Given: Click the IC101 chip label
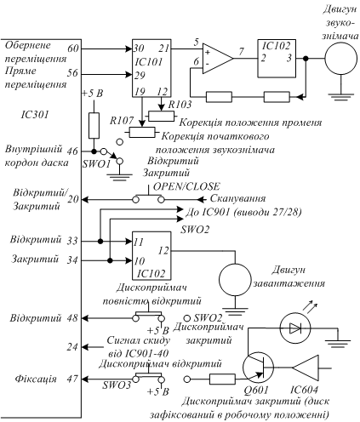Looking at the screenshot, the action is pos(149,62).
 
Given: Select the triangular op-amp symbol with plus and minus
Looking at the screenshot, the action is pos(218,59).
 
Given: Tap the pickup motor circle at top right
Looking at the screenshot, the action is pos(341,59).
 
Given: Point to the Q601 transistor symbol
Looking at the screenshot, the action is pos(259,368).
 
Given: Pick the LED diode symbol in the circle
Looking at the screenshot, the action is pos(295,328).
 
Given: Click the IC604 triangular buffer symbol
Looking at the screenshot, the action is pos(306,368).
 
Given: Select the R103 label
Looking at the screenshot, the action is pos(180,105).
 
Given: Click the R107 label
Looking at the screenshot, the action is pos(122,121).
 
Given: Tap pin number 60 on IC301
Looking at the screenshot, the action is pos(72,48).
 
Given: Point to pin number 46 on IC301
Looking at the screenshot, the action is pos(72,151).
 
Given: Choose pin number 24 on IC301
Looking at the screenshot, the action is pos(72,347).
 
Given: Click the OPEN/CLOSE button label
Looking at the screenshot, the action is pos(186,186).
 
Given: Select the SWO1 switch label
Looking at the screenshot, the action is pos(96,164).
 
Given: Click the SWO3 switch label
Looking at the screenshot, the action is pos(117,385).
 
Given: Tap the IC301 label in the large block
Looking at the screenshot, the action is pos(34,115).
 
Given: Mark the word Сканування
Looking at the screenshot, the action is pos(237,198).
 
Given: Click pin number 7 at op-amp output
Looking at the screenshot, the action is pos(241,51).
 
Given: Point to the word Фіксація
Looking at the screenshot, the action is pos(36,379).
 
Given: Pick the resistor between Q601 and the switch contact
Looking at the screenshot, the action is pos(222,379).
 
